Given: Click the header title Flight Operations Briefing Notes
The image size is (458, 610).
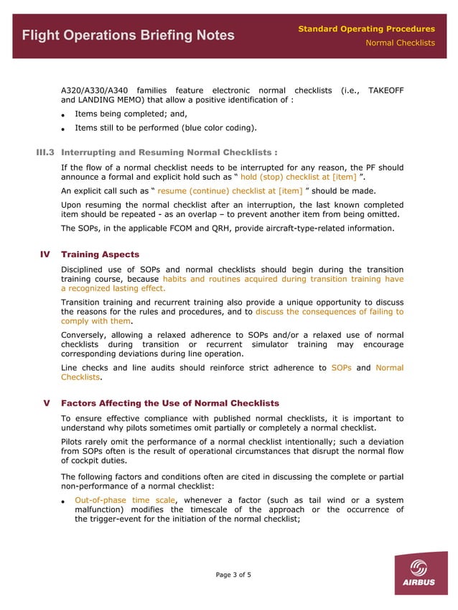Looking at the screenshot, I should (x=128, y=35).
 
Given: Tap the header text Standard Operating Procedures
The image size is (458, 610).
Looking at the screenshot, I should (x=366, y=29).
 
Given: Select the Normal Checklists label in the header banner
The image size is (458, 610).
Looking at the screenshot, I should (x=400, y=43).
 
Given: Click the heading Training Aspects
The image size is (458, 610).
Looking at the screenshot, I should (x=101, y=254).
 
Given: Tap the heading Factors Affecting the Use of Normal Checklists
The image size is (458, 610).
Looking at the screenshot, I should (x=170, y=403).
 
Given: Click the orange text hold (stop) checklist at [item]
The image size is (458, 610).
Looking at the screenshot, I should (x=297, y=177).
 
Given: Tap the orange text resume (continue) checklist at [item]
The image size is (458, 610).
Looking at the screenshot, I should (x=230, y=191).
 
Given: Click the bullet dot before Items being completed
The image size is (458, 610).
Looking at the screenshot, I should (x=64, y=115).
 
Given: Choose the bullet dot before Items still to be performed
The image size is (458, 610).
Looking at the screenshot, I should (x=64, y=129).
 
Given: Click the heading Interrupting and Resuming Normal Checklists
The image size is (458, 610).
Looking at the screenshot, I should (x=169, y=152).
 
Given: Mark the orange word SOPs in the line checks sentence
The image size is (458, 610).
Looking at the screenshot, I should (x=341, y=368).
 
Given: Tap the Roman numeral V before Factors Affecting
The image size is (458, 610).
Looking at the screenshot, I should (x=47, y=403).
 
